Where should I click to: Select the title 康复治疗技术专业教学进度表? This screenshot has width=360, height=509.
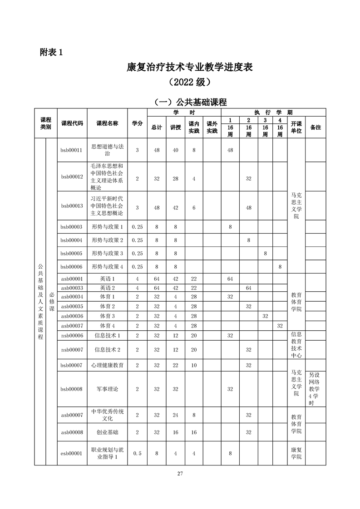[x=190, y=68]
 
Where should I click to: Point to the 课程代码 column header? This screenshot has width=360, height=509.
[x=72, y=123]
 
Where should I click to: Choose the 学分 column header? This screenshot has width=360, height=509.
[x=137, y=123]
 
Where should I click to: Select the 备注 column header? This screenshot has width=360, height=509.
[x=315, y=127]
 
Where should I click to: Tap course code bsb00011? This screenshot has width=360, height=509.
[x=72, y=150]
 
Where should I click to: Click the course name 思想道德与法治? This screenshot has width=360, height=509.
[x=107, y=150]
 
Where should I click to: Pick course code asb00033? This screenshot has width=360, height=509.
[x=72, y=288]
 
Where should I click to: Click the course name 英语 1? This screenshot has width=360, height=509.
[x=107, y=279]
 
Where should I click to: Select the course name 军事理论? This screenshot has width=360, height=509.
[x=107, y=389]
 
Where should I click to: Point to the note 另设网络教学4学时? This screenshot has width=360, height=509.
[x=315, y=389]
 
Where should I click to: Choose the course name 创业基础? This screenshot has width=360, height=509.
[x=107, y=432]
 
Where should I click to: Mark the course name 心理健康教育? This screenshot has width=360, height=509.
[x=107, y=365]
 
